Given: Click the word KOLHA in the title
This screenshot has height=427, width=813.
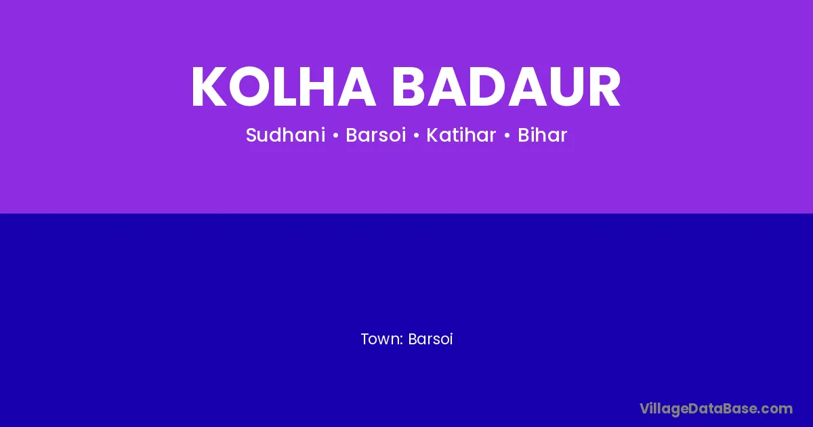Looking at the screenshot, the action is click(283, 87).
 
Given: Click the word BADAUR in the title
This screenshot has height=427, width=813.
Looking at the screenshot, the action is click(506, 87).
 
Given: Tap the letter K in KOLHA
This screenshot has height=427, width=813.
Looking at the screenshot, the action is click(209, 87).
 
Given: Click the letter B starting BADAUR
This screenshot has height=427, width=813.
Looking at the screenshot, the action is click(409, 87).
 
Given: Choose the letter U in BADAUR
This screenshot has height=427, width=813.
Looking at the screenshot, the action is click(566, 87).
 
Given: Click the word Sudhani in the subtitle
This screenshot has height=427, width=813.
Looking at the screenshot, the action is click(286, 135).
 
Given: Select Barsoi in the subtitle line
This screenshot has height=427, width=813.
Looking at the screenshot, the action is click(375, 135).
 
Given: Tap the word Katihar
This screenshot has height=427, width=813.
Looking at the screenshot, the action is click(461, 135).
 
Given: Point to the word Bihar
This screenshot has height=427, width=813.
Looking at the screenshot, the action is click(542, 135).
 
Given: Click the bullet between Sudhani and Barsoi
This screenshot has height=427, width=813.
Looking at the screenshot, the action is click(335, 136).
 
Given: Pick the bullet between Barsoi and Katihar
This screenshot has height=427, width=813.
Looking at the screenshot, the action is click(416, 136).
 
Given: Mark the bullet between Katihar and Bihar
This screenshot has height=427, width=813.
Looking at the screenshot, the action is click(507, 136).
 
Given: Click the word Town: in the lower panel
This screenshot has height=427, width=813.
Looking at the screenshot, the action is click(382, 339).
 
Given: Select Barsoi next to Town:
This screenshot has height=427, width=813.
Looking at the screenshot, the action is click(430, 339).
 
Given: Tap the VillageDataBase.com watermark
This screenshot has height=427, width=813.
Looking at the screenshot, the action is click(716, 409).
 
